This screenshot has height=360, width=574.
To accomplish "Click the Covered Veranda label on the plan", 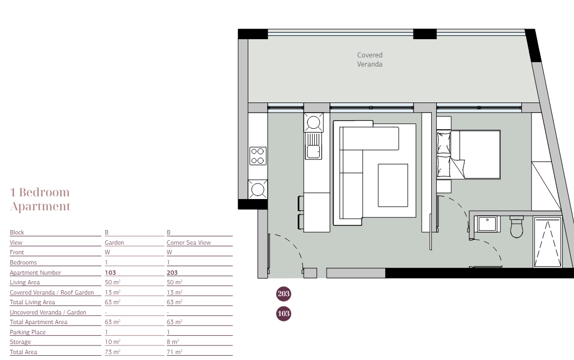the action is pos(370,60).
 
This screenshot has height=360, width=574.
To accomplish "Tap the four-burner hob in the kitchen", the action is pos(257,156).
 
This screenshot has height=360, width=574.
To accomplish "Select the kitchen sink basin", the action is pos(313,151).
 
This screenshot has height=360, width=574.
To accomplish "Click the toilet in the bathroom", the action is pos(517,226).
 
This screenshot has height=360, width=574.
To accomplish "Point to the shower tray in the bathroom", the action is pos(548,243).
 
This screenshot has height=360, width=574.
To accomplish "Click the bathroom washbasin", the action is pos(487,224).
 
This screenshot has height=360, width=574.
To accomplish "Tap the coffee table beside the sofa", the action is pos(393,185).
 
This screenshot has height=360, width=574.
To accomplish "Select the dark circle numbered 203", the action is pos(283,293).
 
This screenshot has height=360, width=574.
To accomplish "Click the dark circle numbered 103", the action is pos(283,313).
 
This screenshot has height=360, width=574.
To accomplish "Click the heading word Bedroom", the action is pos(45,192).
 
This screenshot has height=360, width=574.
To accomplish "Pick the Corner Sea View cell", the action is pos(188,243).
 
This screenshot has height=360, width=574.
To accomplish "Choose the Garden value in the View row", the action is pos(114,243).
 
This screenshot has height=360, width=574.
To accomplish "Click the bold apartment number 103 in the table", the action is pos(110,273).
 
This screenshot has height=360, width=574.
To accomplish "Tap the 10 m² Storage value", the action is pos(112,342).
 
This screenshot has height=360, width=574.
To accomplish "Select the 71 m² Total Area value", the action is pos(174,352).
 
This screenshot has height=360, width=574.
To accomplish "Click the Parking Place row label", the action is pos(28,332).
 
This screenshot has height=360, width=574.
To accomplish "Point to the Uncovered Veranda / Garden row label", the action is pos(48,312).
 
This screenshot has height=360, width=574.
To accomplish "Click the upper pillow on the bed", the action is pos(444,143).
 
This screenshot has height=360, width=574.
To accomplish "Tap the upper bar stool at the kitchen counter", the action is pos(301,203).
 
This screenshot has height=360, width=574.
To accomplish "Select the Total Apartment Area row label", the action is pos(39,322).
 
